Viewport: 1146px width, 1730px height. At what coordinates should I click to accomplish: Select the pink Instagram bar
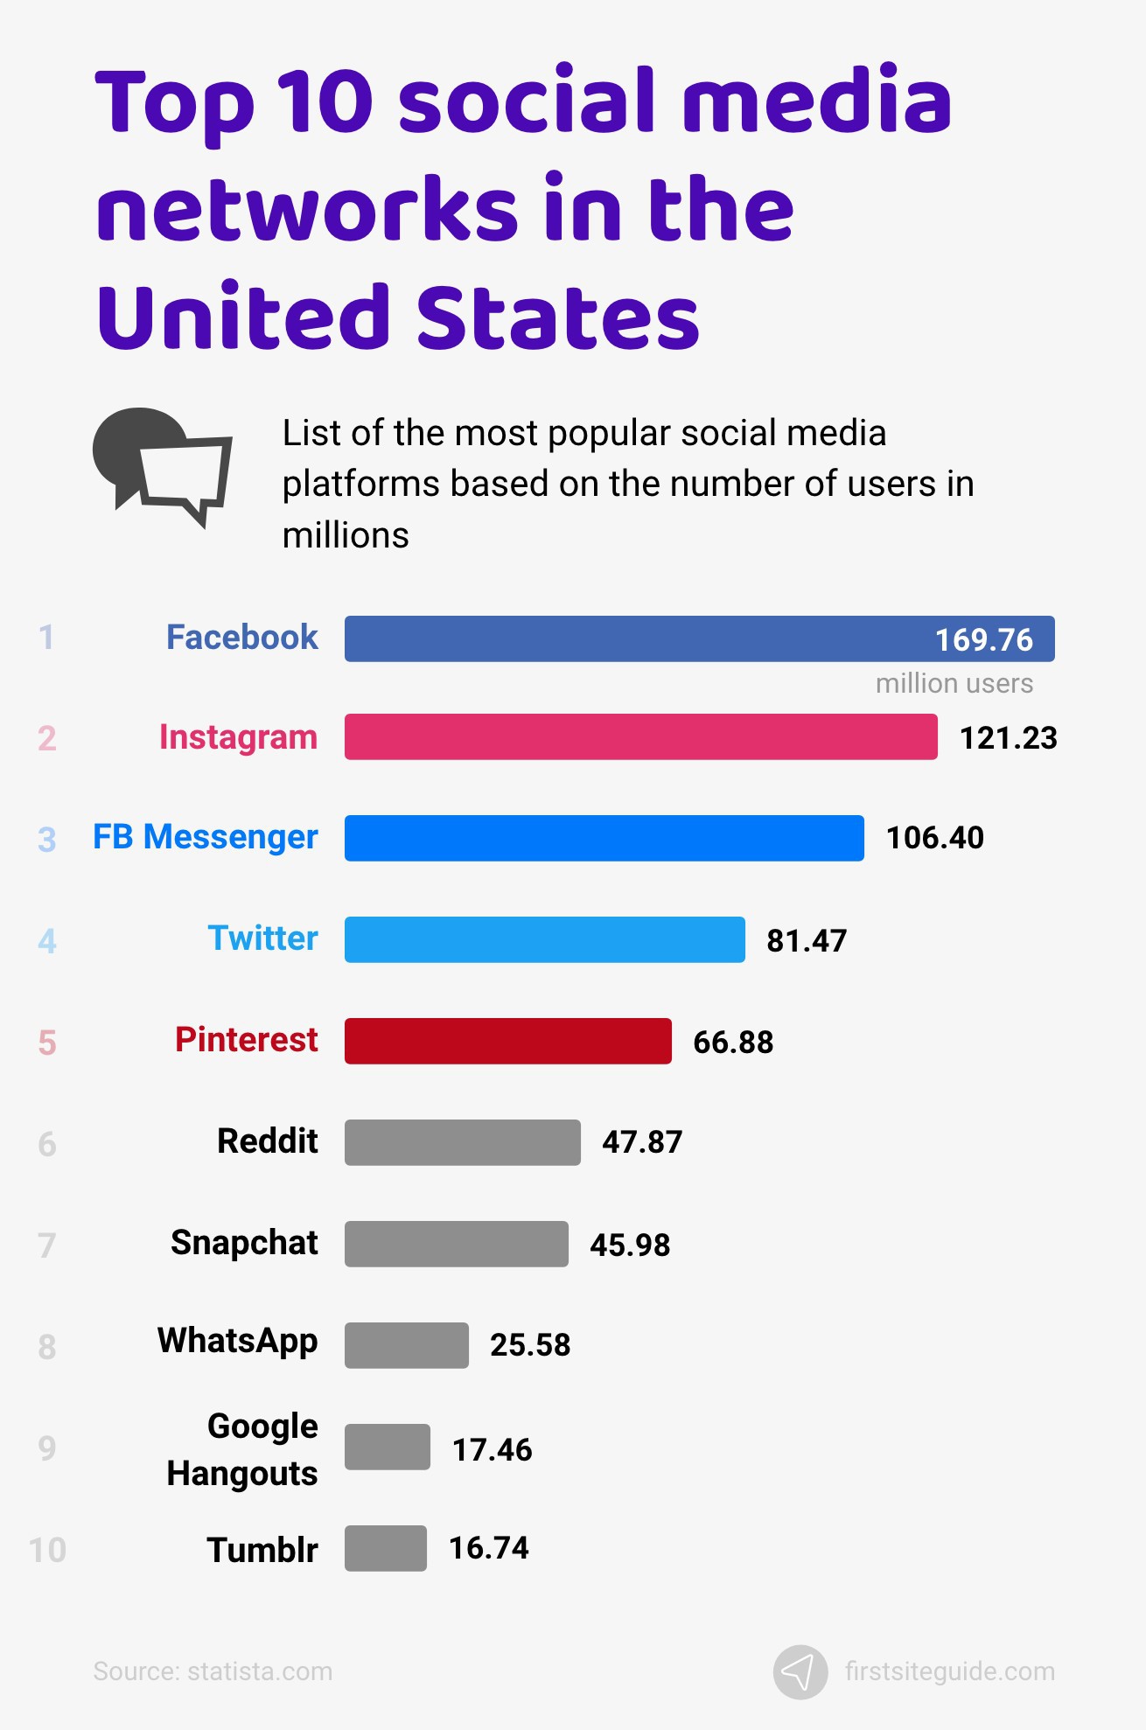point(640,737)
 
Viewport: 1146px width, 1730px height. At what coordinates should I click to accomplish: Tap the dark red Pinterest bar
point(507,1041)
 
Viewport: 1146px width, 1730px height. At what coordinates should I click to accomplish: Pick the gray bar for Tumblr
point(385,1548)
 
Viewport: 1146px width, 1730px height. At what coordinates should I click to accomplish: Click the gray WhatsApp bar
point(406,1345)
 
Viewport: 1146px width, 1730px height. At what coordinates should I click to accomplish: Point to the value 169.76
point(983,640)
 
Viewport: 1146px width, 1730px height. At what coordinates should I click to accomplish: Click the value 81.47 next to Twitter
point(806,941)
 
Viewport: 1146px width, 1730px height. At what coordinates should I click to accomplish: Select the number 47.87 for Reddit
point(641,1142)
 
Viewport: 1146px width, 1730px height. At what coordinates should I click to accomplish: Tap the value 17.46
point(492,1450)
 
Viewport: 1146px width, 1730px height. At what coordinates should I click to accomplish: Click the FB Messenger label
point(206,838)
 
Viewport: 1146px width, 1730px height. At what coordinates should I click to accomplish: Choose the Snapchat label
point(244,1243)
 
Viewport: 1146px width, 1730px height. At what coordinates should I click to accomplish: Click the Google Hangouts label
point(243,1450)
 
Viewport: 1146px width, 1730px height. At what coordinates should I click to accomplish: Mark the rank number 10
point(47,1550)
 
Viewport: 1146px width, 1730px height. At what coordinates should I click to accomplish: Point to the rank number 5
point(47,1043)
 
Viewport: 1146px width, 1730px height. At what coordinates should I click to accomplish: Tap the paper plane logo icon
point(800,1672)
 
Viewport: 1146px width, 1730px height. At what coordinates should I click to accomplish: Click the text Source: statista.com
point(213,1671)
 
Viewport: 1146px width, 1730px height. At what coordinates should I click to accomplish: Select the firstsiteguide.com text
point(949,1671)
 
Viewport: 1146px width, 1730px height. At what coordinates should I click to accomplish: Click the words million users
point(954,683)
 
